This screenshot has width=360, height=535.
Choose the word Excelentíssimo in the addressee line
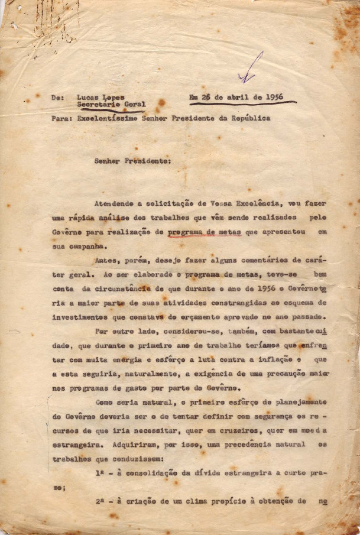click(x=109, y=118)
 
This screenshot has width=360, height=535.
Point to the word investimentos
click(x=80, y=318)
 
